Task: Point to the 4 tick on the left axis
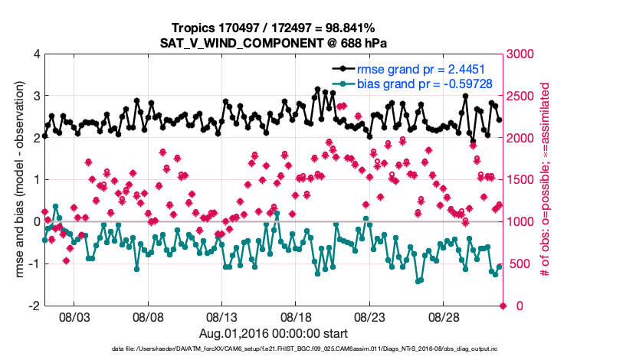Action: [x=36, y=54]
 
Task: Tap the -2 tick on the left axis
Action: [x=34, y=306]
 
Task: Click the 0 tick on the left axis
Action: [x=36, y=222]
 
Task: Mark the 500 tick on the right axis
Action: [x=517, y=264]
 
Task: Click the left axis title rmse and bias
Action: [x=18, y=180]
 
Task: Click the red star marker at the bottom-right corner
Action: [x=503, y=306]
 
